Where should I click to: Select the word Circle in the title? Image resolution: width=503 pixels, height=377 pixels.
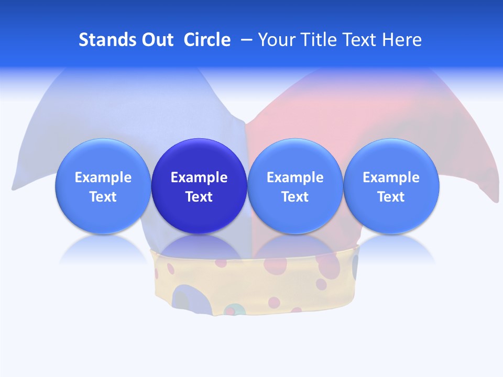pos(207,40)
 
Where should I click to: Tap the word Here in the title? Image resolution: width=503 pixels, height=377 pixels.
pos(402,40)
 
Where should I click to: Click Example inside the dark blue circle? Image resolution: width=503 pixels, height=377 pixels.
pos(199,178)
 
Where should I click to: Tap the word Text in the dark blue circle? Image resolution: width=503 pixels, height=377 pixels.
pos(199,197)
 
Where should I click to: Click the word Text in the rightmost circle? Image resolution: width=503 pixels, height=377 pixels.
pos(391,197)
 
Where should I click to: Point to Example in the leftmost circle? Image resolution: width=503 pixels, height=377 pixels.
pos(103,178)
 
